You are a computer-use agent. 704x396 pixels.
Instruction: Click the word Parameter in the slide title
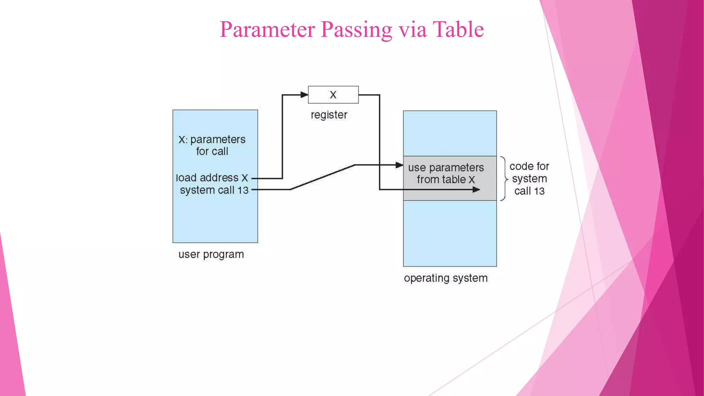point(267,30)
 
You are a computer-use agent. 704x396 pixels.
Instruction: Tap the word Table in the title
point(458,30)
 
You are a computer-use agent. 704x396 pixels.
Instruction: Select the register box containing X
point(333,95)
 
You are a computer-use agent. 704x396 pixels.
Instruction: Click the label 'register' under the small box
point(329,115)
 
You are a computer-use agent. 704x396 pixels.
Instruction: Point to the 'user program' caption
point(211,255)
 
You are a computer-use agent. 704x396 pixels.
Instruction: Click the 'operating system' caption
point(445,278)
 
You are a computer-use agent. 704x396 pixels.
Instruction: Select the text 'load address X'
point(212,178)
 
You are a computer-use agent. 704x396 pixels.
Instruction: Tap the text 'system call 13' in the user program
point(214,190)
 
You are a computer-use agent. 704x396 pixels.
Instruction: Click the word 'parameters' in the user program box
point(218,140)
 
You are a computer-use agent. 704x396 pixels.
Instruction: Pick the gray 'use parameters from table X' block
point(450,178)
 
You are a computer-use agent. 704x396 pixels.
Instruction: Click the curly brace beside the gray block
point(504,178)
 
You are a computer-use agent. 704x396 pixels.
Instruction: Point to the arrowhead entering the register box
point(304,95)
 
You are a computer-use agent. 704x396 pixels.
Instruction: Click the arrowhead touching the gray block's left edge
point(399,165)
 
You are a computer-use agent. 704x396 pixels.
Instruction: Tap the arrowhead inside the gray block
point(476,189)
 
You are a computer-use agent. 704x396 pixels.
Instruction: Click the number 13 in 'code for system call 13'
point(539,191)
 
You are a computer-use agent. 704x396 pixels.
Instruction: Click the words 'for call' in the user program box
point(212,152)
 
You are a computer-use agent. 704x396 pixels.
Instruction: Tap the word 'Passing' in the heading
point(356,30)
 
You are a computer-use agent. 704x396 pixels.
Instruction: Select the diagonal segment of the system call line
point(322,177)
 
